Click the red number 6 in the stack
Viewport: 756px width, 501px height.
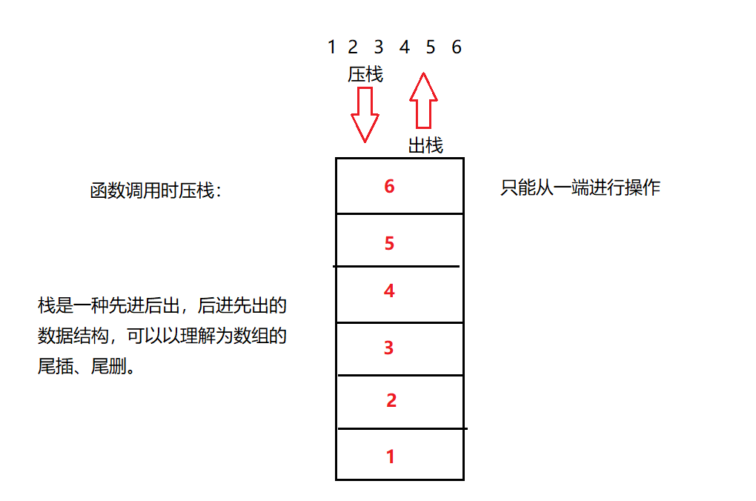(x=389, y=186)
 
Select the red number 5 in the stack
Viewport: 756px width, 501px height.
(x=389, y=243)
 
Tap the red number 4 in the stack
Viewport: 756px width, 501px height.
(x=389, y=291)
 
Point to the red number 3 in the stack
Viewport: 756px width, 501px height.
(x=388, y=348)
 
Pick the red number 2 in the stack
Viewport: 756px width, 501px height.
(x=391, y=401)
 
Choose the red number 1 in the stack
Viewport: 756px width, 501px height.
(x=391, y=457)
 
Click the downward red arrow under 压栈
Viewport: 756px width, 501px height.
(x=365, y=113)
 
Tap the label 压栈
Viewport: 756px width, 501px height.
(x=365, y=75)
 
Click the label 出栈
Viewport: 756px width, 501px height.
(x=425, y=146)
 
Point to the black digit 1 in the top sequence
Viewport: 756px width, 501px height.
(x=331, y=47)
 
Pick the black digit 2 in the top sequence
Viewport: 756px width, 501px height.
(x=353, y=47)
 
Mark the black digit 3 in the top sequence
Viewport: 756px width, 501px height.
(x=379, y=47)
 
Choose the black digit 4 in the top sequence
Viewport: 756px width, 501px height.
(x=404, y=47)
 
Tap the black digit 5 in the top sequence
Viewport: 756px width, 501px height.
(x=431, y=47)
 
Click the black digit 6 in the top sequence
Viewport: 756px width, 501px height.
(x=457, y=47)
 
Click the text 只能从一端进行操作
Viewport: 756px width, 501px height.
(x=580, y=188)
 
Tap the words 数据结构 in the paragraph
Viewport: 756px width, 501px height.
(x=73, y=336)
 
